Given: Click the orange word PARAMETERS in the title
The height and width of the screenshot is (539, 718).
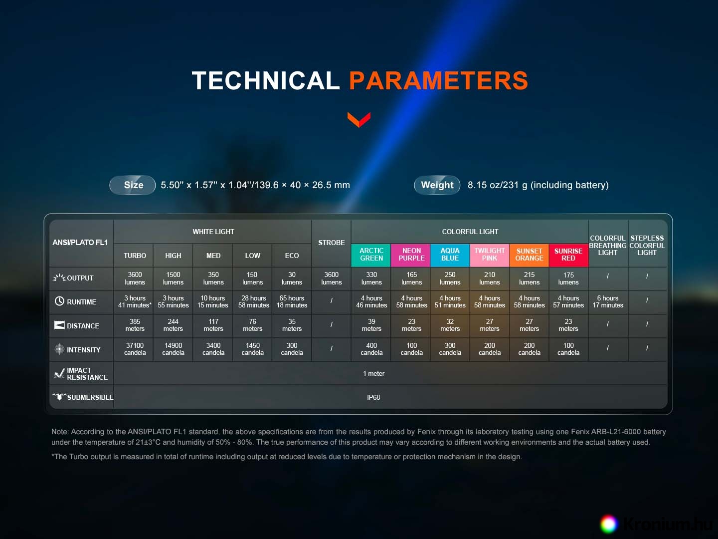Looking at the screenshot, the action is tap(438, 80).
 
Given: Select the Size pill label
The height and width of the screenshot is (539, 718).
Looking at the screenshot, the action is tap(133, 185).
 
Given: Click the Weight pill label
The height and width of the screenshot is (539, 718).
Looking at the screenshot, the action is tap(437, 185).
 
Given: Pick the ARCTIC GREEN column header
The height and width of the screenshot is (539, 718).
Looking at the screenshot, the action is tap(371, 255).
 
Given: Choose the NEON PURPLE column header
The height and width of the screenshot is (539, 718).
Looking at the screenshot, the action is tap(411, 255).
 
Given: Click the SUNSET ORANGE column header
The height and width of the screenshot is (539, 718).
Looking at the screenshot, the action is tap(529, 255).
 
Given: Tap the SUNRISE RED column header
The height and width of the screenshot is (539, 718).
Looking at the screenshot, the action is tap(568, 255).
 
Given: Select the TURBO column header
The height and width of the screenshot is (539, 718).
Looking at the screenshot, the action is tap(135, 256).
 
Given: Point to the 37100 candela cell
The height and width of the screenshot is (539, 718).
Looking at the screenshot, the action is tap(135, 349).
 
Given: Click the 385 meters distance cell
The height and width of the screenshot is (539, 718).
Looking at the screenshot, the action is tap(135, 325).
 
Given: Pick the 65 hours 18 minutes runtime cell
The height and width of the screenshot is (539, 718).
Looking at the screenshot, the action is tap(292, 301).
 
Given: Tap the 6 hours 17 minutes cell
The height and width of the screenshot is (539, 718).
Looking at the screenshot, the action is tap(608, 301).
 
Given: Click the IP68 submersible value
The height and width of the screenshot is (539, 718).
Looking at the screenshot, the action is tap(373, 397).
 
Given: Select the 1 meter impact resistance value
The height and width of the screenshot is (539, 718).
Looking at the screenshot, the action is tap(373, 373).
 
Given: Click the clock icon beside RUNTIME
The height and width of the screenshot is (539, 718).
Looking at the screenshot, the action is tap(59, 301).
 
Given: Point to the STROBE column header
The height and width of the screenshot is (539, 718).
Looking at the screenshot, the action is tap(332, 243).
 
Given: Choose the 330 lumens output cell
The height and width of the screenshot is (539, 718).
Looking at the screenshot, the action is tap(371, 278).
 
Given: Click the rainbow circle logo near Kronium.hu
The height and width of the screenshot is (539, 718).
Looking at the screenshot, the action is tap(608, 524).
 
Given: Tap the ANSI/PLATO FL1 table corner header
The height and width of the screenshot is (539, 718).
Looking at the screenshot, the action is tap(80, 243).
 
